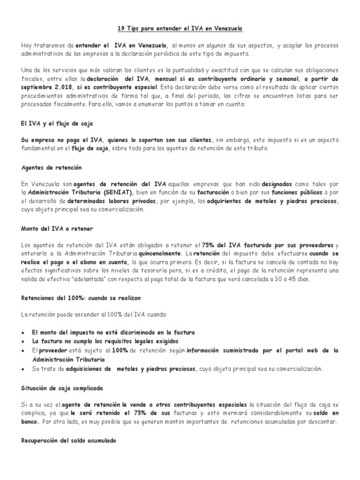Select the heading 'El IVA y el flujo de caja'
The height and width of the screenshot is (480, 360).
[57, 123]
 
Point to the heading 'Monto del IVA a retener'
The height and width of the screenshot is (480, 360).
[58, 228]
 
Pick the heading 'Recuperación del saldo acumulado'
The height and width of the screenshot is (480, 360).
[69, 441]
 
